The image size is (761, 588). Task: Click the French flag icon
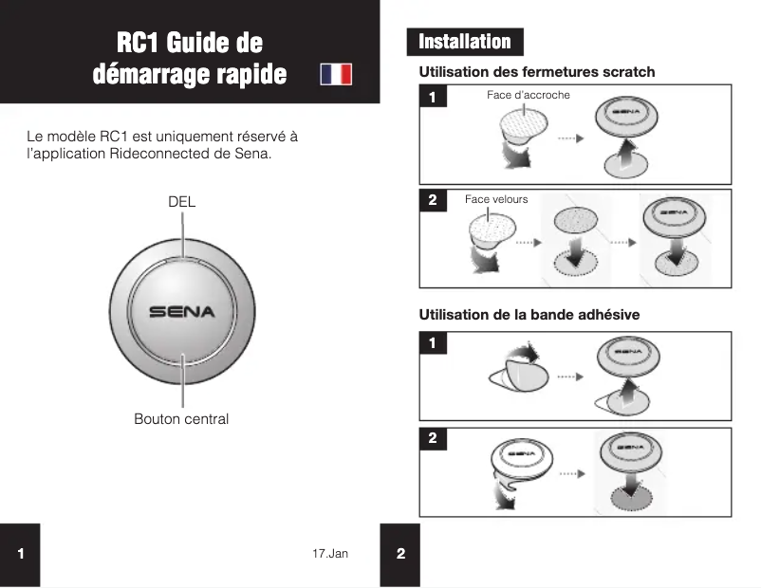point(336,74)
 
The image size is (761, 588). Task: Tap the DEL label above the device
point(181,202)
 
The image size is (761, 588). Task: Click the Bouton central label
point(181,418)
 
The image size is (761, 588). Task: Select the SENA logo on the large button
point(181,311)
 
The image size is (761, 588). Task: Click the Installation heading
point(465,42)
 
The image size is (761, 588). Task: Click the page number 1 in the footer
point(20,555)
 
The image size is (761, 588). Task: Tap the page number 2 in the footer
point(400,555)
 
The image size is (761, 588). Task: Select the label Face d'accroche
point(528,96)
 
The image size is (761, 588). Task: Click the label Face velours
point(495,199)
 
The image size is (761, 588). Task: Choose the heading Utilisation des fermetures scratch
point(536,72)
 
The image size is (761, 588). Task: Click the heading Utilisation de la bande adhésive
point(529,315)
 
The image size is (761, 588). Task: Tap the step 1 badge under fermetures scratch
point(433,97)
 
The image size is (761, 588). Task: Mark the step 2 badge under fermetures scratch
point(433,201)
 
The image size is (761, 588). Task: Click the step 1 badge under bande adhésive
point(433,343)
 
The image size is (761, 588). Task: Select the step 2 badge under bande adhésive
point(433,439)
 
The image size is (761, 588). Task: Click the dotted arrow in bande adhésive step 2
point(569,471)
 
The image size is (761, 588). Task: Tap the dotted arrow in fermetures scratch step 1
point(567,138)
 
